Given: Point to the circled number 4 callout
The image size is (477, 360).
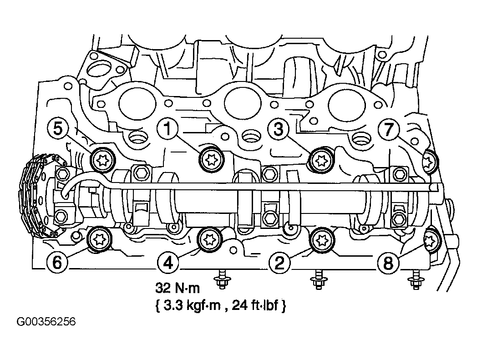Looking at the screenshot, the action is coord(168,262).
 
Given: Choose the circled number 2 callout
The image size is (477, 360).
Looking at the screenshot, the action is coord(279,262).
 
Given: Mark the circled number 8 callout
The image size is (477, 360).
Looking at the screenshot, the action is coord(388,262).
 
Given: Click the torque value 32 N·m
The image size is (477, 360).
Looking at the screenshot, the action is coord(178,288).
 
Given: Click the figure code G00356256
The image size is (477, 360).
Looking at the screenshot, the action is coord(46,322).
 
